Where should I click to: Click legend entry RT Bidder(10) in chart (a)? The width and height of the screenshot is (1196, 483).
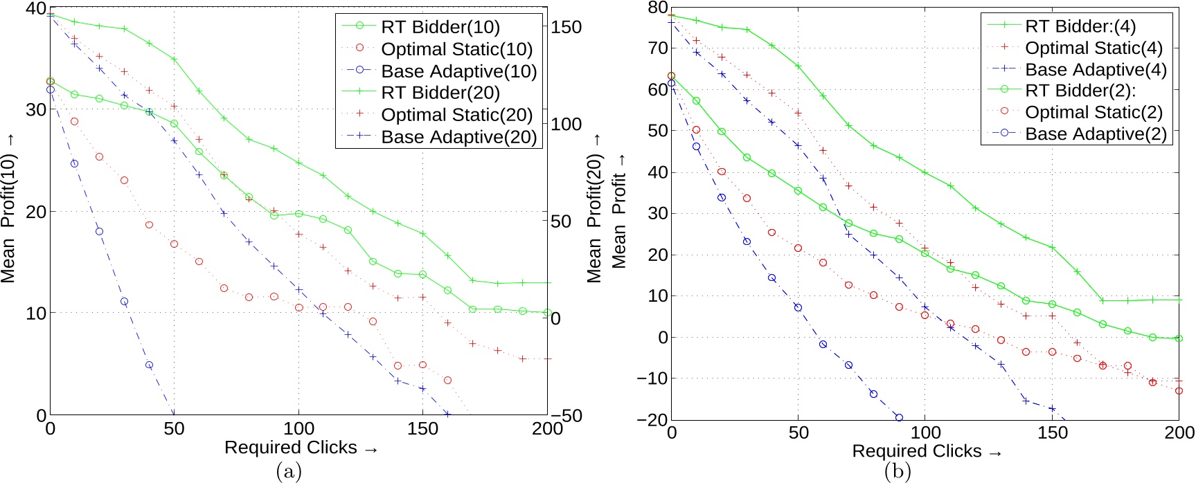click(x=440, y=27)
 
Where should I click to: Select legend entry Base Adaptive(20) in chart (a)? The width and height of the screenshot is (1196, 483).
click(x=458, y=137)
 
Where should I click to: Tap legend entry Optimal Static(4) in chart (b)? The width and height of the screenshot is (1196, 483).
click(x=1094, y=48)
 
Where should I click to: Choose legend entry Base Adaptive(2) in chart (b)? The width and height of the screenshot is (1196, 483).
click(x=1096, y=134)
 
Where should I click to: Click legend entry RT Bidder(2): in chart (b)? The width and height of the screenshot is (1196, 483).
click(x=1080, y=91)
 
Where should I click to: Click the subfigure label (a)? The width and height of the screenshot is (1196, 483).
click(x=289, y=472)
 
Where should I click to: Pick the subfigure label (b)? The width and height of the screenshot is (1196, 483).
click(x=898, y=472)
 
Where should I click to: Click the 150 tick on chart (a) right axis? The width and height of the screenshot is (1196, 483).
click(x=566, y=27)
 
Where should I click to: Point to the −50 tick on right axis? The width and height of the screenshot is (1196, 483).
click(x=566, y=415)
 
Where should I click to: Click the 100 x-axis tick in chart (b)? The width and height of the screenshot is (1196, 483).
click(x=925, y=433)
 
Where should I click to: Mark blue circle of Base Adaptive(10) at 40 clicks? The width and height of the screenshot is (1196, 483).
click(x=149, y=365)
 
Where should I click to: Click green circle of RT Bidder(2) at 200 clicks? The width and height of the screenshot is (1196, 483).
click(x=1179, y=338)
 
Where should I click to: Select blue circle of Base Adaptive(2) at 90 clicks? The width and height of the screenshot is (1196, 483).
click(x=899, y=417)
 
